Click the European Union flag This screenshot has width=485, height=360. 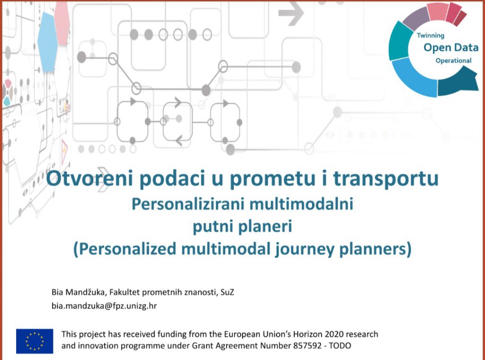tap(35, 341)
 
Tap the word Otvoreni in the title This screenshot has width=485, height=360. tap(90, 179)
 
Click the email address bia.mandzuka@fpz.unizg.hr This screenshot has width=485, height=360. tap(104, 306)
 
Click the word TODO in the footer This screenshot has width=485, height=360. tap(340, 345)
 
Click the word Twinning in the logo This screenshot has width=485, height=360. tap(431, 36)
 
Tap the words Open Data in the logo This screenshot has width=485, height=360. tap(451, 48)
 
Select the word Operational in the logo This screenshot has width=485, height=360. tap(453, 61)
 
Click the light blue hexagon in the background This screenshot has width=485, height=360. tap(48, 42)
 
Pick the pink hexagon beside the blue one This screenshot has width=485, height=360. tap(62, 23)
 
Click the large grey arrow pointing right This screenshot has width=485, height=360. tap(291, 13)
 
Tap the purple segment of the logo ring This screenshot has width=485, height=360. tap(416, 18)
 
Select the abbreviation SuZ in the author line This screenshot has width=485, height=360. tap(227, 292)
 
